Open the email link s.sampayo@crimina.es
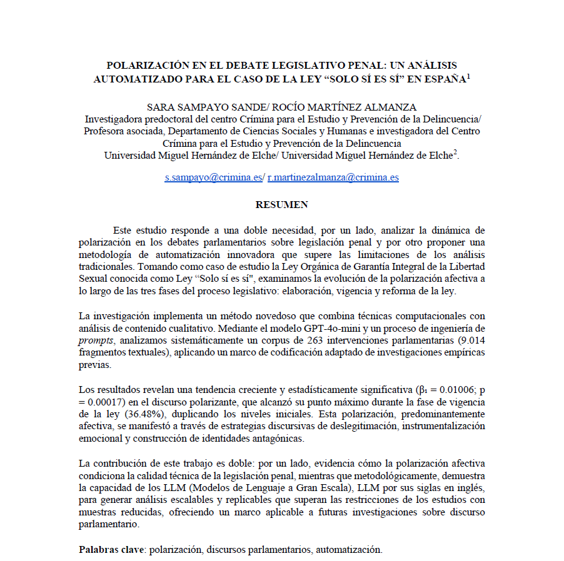[x=213, y=177]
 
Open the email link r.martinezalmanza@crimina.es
[x=333, y=177]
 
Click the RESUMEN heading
[x=281, y=204]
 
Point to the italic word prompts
[x=96, y=340]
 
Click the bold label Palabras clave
[x=111, y=550]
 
